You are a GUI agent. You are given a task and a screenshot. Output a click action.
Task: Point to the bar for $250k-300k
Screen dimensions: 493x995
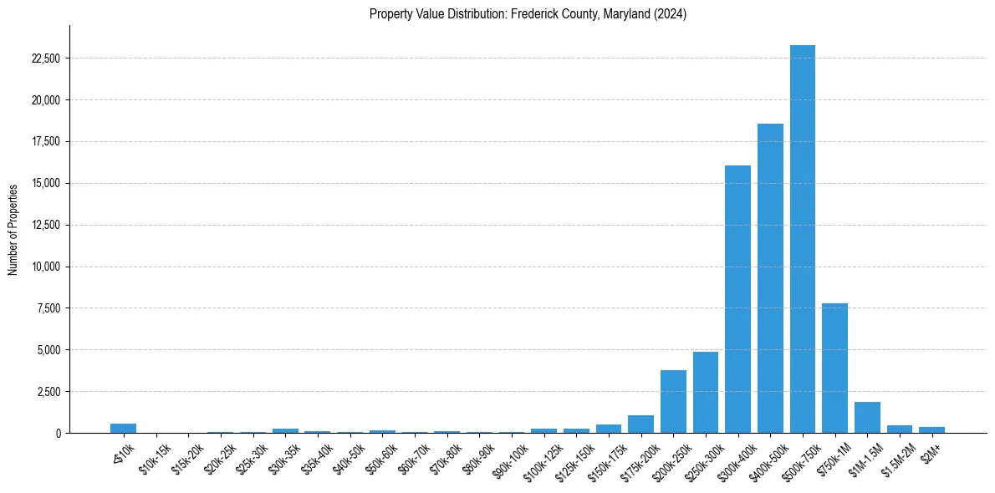(705, 392)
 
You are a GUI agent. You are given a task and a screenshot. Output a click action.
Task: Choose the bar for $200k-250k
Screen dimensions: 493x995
(673, 401)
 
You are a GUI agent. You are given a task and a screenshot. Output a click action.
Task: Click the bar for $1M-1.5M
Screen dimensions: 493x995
(867, 417)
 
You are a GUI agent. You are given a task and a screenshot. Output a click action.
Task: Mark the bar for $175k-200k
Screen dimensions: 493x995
(640, 424)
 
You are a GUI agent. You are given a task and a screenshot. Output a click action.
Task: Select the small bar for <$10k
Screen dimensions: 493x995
(123, 428)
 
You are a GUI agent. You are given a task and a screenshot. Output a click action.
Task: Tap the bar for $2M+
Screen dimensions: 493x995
(931, 429)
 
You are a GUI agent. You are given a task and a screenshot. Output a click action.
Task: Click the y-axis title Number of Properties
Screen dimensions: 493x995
(13, 229)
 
